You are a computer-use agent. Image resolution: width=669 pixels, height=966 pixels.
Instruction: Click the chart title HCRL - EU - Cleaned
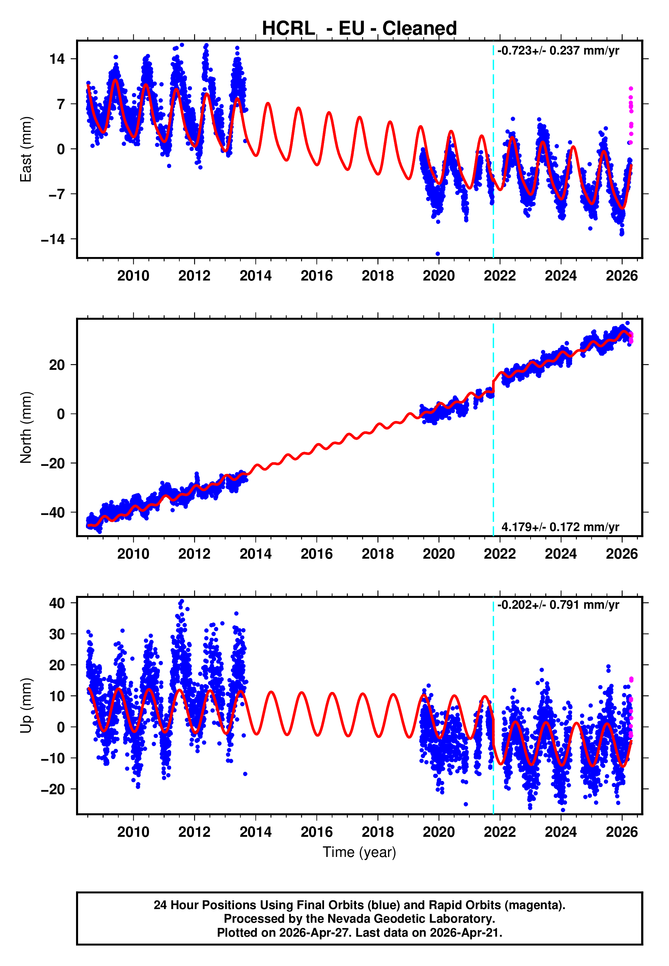[359, 29]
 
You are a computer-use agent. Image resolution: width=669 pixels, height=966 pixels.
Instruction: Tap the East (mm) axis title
[26, 149]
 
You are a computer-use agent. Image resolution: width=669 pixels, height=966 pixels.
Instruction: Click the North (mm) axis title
[26, 427]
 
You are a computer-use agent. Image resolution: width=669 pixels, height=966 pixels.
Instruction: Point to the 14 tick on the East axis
[57, 59]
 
